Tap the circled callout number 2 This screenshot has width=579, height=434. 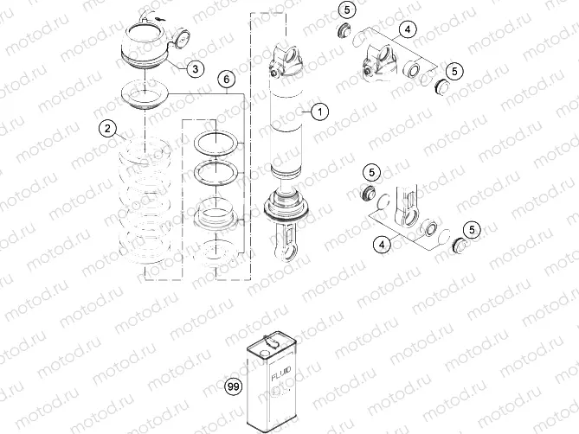(107, 129)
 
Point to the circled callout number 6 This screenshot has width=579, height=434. (226, 80)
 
